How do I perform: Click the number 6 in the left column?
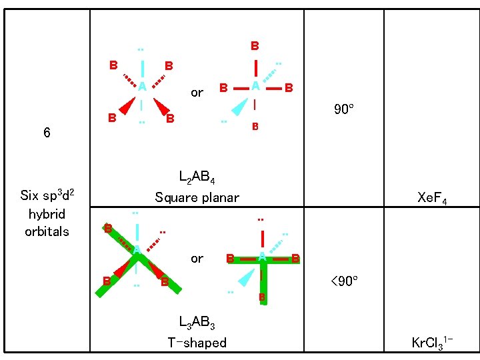[x=47, y=132]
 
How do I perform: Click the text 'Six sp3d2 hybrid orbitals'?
[x=47, y=213]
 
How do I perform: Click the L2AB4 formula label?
[x=197, y=179]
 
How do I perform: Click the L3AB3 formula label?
[x=197, y=325]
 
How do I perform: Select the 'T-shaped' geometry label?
[x=197, y=343]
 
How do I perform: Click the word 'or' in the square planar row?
[x=197, y=93]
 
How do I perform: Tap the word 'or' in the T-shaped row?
[x=197, y=258]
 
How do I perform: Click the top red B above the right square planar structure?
[x=255, y=47]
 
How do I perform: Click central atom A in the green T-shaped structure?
[x=262, y=257]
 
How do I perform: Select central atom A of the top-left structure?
[x=142, y=86]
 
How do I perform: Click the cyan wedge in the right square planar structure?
[x=241, y=107]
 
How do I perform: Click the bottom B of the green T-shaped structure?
[x=263, y=296]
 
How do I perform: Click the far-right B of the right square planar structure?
[x=289, y=87]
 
